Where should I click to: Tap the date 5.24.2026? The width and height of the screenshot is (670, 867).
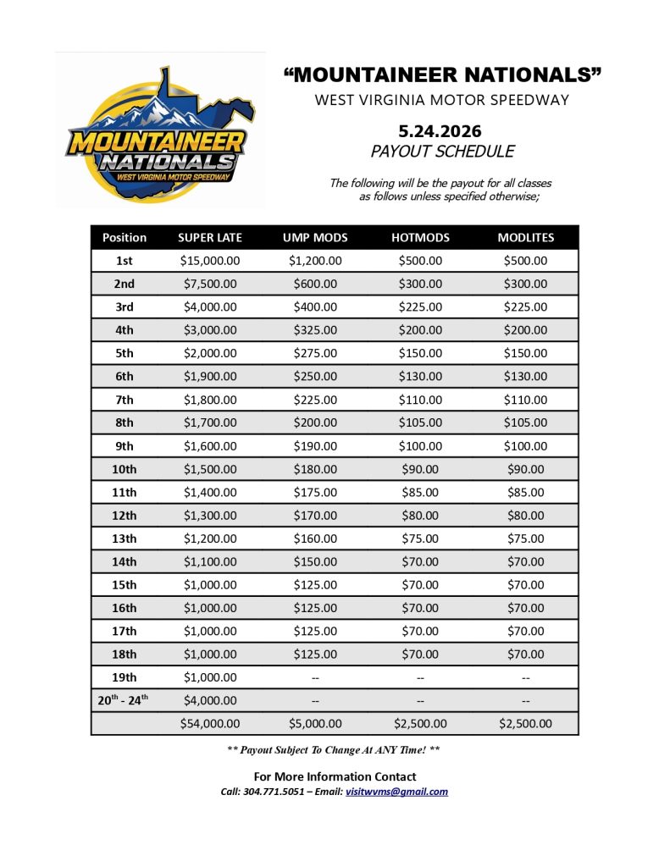coord(440,131)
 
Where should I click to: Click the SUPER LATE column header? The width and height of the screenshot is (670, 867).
coord(210,238)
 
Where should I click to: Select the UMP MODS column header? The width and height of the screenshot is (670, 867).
coord(315,238)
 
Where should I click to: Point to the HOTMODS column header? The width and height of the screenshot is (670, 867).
coord(420,238)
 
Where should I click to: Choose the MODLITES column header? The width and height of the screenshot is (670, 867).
coord(525,238)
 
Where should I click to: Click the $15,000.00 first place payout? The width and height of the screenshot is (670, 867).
coord(210,261)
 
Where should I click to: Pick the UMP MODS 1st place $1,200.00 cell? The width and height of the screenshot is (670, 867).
coord(315,261)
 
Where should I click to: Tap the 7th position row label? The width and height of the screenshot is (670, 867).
coord(125,400)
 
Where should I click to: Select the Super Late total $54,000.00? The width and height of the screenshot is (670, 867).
coord(210,724)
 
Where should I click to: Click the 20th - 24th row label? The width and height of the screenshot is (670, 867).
coord(125,700)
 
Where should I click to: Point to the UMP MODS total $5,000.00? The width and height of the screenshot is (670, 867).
coord(315,724)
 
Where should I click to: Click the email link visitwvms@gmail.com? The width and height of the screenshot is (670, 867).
coord(396,792)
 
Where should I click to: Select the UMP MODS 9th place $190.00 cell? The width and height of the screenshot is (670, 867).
coord(315,445)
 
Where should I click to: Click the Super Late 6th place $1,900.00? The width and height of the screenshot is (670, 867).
coord(210,377)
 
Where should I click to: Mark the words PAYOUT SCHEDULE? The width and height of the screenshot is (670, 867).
coord(442,152)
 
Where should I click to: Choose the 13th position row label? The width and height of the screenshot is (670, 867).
coord(125,538)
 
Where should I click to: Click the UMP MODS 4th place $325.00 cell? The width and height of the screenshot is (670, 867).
coord(315,330)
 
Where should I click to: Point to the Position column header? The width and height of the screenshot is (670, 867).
coord(125,238)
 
